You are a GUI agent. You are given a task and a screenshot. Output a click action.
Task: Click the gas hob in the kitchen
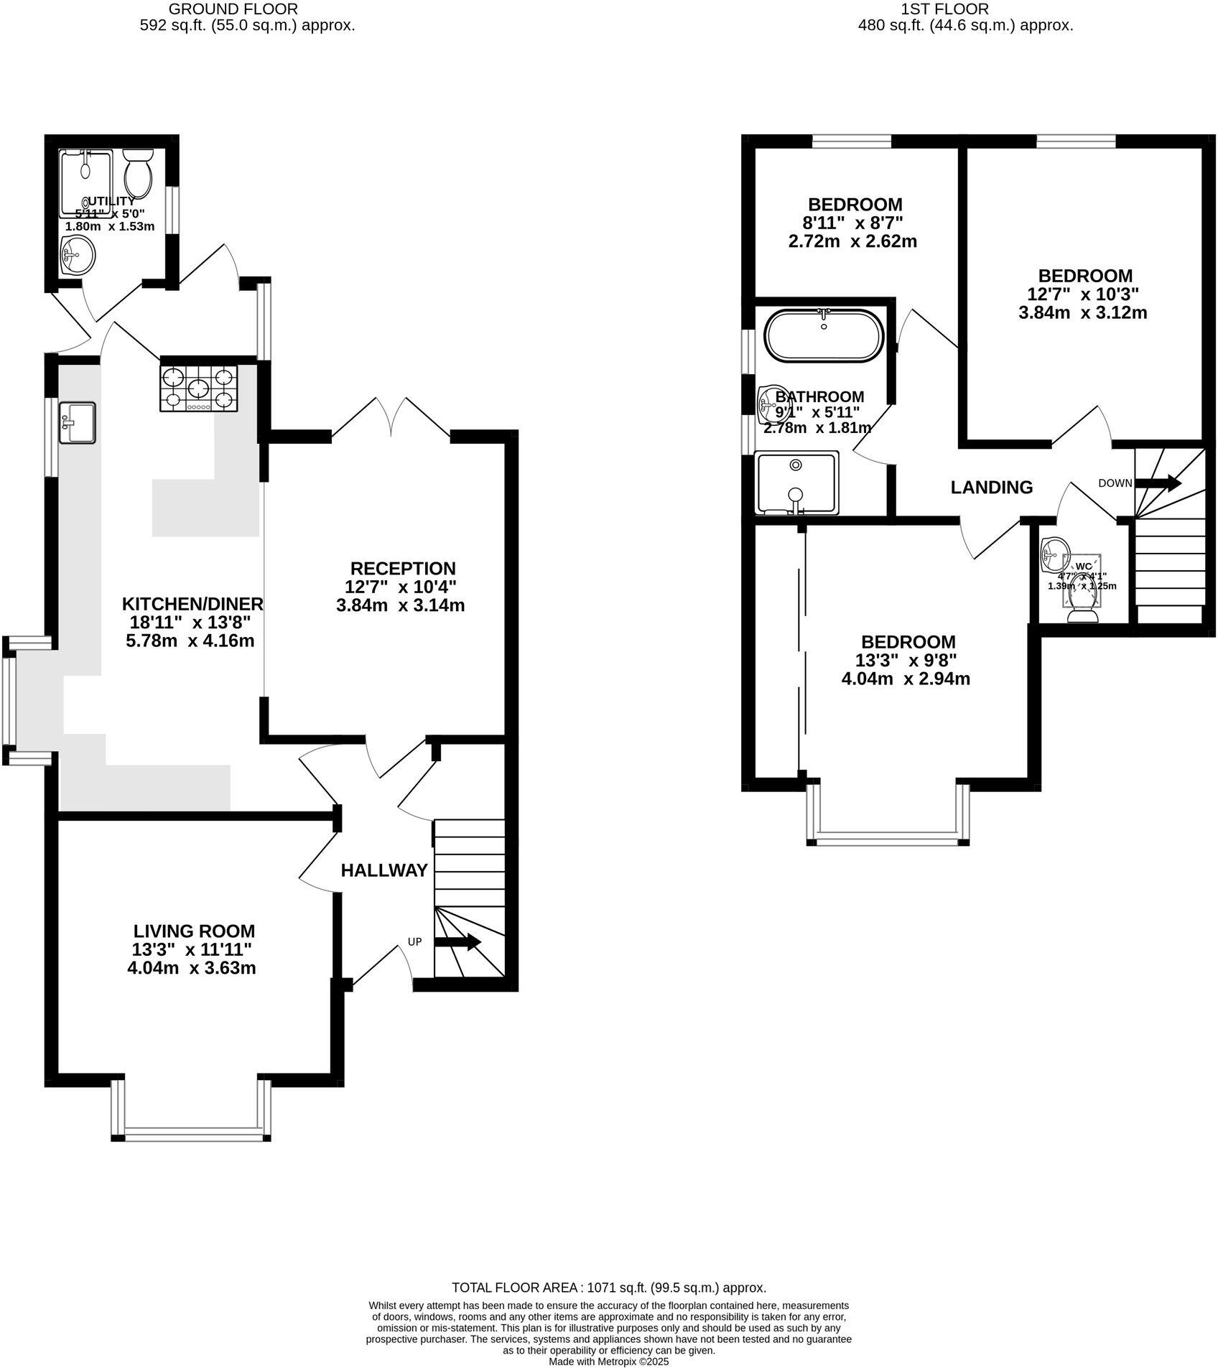pos(198,388)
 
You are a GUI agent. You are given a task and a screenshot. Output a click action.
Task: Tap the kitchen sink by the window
pos(77,422)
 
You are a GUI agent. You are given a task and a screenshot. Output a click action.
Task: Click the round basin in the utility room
pos(78,256)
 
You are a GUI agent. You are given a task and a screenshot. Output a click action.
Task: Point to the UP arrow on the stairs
pos(459,942)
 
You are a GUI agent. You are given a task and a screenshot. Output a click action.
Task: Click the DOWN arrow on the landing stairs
pos(1158,483)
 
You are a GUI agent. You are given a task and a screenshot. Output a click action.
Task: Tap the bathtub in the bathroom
pos(824,336)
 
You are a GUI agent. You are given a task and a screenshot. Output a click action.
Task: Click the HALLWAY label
pos(384,870)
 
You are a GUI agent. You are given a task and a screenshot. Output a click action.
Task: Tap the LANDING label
pos(991,488)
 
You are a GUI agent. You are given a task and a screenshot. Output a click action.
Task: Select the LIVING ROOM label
pos(193,931)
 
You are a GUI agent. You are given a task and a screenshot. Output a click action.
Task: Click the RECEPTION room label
pos(403,568)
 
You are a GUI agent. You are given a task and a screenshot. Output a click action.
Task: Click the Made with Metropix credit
pos(608,1361)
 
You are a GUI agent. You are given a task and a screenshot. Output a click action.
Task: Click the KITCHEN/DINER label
pos(192,604)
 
